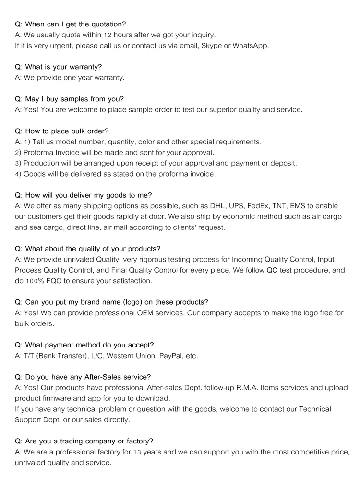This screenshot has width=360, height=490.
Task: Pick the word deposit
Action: (x=282, y=163)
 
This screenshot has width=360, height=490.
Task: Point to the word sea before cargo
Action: (x=35, y=227)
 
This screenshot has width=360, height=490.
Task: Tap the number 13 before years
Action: (x=137, y=452)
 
